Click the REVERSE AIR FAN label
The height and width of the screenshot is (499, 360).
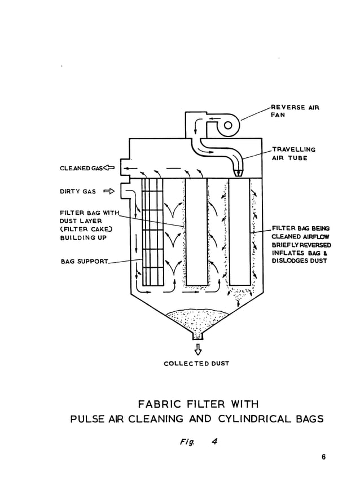coord(295,111)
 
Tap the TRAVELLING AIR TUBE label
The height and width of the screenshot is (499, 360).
coord(293,153)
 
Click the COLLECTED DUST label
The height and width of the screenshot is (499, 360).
coord(196,364)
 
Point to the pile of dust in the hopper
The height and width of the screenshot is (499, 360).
coord(196,318)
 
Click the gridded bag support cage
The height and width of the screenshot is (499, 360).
coord(152,231)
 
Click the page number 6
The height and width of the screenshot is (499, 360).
coord(324,457)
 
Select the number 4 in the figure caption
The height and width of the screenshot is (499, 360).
coord(214,441)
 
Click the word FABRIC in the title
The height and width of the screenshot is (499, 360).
coord(161,404)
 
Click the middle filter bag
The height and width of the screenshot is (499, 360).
coord(196,231)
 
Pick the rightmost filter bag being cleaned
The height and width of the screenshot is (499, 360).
coord(239,231)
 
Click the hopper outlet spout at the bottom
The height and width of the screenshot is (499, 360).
coord(196,335)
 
